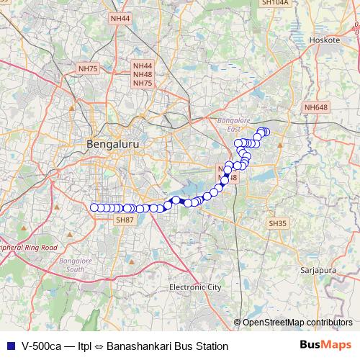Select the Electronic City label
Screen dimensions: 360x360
click(195, 287)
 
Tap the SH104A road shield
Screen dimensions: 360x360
click(275, 3)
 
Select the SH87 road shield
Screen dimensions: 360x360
click(125, 220)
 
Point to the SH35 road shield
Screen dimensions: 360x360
click(277, 224)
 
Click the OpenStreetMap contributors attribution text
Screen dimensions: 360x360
click(297, 323)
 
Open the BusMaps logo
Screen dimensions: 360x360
click(325, 346)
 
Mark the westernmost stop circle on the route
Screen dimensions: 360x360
click(94, 208)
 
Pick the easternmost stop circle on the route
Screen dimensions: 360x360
click(266, 132)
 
